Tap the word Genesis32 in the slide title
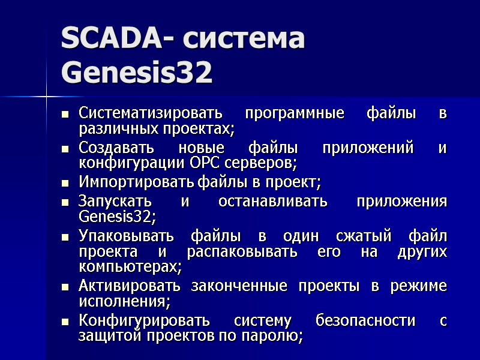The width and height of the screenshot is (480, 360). click(137, 74)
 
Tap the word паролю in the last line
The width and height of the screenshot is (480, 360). click(281, 337)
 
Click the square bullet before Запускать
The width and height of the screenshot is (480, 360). click(64, 202)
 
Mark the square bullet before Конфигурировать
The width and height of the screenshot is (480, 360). click(64, 321)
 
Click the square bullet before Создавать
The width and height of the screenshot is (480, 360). click(64, 148)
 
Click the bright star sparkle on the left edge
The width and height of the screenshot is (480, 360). click(46, 95)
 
